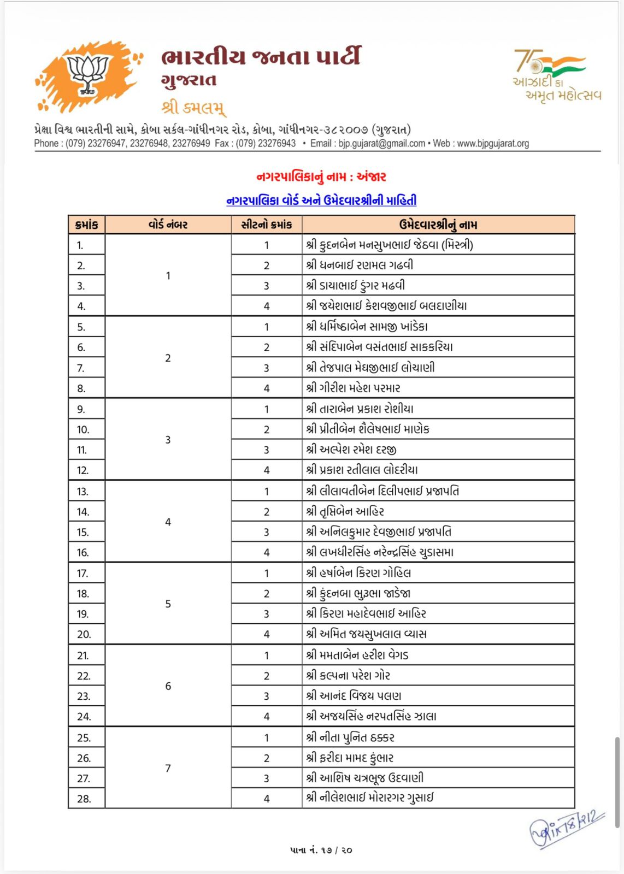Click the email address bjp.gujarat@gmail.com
(x=381, y=144)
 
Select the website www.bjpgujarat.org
(x=493, y=144)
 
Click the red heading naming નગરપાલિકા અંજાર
(x=321, y=176)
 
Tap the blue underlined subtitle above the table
(x=321, y=200)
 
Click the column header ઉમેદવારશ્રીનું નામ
(x=438, y=225)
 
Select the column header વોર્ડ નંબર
(x=168, y=225)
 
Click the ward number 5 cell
(x=168, y=604)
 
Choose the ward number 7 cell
(x=168, y=768)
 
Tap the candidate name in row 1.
(x=389, y=245)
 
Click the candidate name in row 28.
(x=369, y=798)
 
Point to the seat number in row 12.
(x=267, y=470)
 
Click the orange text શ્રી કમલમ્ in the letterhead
(x=193, y=107)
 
